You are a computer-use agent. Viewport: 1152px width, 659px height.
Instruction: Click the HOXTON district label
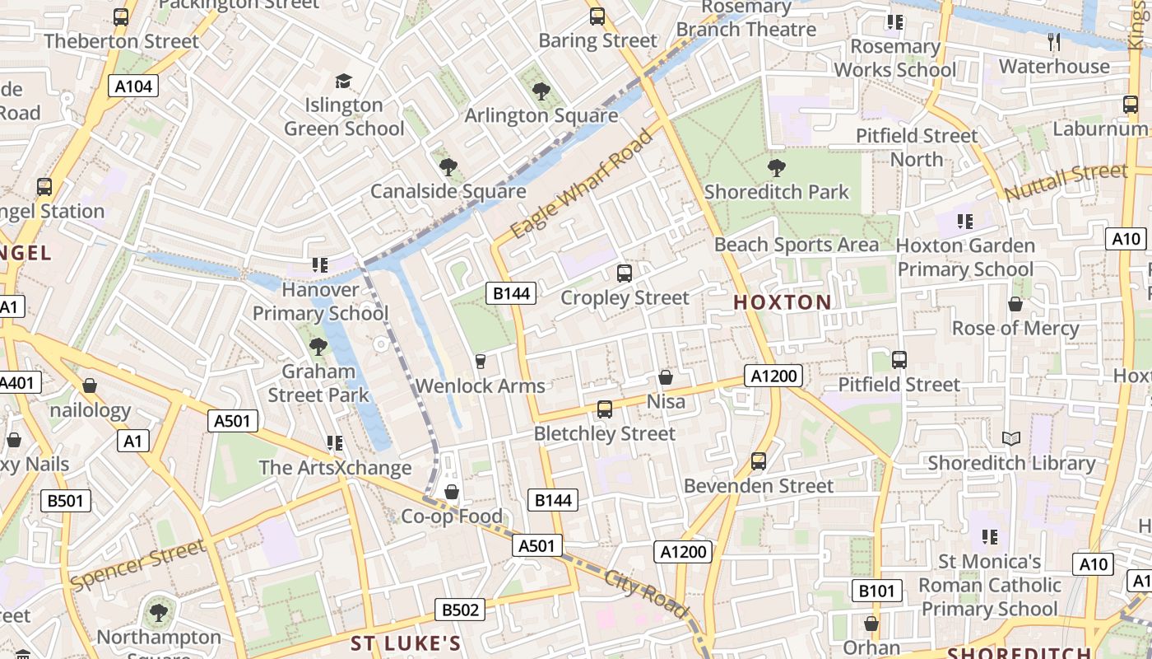(x=783, y=302)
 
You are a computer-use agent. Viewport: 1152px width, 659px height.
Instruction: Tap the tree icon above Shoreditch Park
(x=776, y=168)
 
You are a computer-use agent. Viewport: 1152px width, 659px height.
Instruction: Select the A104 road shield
(x=134, y=86)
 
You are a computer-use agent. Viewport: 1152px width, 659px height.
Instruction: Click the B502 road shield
(x=460, y=610)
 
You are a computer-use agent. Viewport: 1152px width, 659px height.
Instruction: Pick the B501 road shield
(x=66, y=500)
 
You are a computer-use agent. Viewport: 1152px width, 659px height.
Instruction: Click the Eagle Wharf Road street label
(x=582, y=184)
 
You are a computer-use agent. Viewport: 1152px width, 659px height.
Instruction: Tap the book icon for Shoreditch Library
(x=1011, y=439)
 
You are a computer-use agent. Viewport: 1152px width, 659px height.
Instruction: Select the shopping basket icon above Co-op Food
(x=452, y=492)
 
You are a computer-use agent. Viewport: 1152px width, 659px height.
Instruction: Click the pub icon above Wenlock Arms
(x=481, y=361)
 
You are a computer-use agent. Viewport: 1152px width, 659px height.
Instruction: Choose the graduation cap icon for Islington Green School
(x=343, y=81)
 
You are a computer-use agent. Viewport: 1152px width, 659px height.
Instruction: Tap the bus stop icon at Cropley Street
(x=625, y=273)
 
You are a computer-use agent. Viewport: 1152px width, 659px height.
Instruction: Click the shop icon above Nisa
(x=666, y=377)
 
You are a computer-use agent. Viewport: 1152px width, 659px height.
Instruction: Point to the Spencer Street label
(x=137, y=565)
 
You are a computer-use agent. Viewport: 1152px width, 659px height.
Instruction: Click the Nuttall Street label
(x=1066, y=182)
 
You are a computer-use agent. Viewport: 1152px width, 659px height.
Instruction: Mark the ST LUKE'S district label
(x=405, y=643)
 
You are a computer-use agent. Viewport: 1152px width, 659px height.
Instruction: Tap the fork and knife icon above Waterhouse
(x=1053, y=41)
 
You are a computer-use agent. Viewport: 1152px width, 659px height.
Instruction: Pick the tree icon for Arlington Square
(x=541, y=91)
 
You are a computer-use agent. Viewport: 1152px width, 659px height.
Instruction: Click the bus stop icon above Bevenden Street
(x=759, y=461)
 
